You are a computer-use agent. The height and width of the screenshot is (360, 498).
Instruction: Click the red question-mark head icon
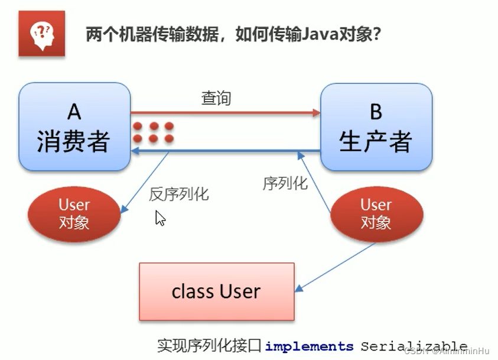(x=41, y=33)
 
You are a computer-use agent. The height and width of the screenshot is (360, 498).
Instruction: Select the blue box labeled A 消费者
(x=74, y=127)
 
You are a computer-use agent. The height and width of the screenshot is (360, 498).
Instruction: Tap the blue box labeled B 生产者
(x=376, y=127)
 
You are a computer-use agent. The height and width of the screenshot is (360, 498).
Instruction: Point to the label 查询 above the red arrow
(x=216, y=98)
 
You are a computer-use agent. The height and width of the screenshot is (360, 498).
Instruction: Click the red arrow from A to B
(x=224, y=112)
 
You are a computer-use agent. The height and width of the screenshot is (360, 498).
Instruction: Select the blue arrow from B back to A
(x=224, y=152)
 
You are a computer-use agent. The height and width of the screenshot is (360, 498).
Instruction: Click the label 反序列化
(x=178, y=194)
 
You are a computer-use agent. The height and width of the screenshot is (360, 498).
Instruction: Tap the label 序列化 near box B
(x=285, y=183)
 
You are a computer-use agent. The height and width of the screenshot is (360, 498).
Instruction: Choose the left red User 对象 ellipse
(x=74, y=213)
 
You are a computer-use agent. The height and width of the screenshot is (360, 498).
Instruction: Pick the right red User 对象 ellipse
(x=376, y=213)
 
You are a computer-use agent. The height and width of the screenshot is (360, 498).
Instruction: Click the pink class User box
(x=216, y=291)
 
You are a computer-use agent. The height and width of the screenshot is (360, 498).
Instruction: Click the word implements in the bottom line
(x=309, y=346)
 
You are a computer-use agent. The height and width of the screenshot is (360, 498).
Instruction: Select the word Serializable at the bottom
(x=414, y=346)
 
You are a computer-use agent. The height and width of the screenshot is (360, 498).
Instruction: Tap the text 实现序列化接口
(x=209, y=346)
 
